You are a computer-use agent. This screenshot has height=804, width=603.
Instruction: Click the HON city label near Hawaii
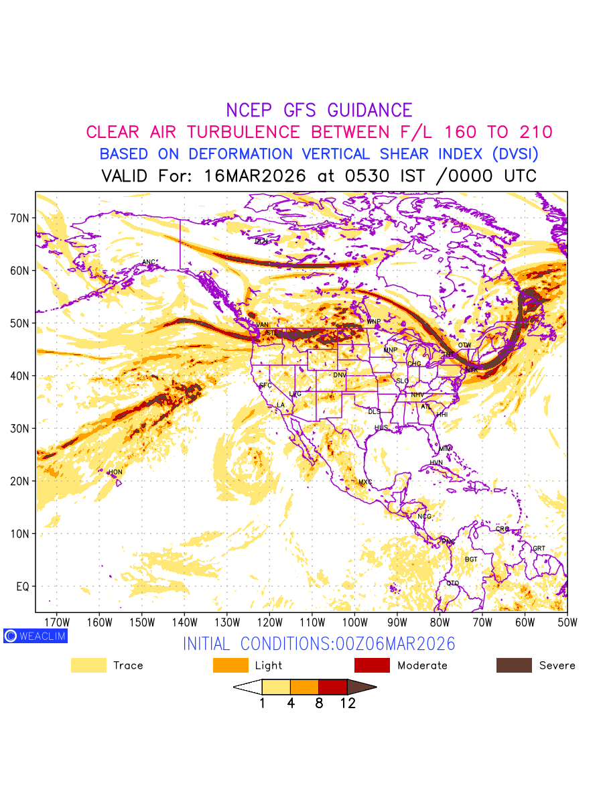click(x=116, y=472)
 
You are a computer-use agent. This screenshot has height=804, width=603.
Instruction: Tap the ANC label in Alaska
click(x=149, y=262)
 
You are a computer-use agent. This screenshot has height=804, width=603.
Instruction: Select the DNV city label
click(x=340, y=375)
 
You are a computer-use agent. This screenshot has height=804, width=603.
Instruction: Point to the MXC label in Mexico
click(x=365, y=482)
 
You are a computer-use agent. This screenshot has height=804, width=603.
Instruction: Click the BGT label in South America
click(x=471, y=559)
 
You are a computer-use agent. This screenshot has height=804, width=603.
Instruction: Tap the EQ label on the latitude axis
click(x=23, y=586)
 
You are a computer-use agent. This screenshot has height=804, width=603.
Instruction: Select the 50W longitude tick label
click(x=567, y=622)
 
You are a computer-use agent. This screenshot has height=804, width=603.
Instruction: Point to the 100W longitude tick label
click(x=354, y=622)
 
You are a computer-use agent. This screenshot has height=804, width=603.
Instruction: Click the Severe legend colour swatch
click(x=514, y=665)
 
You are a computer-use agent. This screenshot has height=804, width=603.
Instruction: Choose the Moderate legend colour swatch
click(x=372, y=665)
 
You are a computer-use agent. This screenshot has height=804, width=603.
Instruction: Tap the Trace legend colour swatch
click(x=88, y=665)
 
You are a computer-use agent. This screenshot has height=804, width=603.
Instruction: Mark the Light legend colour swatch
click(x=230, y=665)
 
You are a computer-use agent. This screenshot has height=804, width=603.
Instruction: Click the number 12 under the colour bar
click(x=347, y=703)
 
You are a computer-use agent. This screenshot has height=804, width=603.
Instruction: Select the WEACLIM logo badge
click(x=35, y=636)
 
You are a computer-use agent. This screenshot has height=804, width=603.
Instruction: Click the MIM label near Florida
click(x=445, y=448)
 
